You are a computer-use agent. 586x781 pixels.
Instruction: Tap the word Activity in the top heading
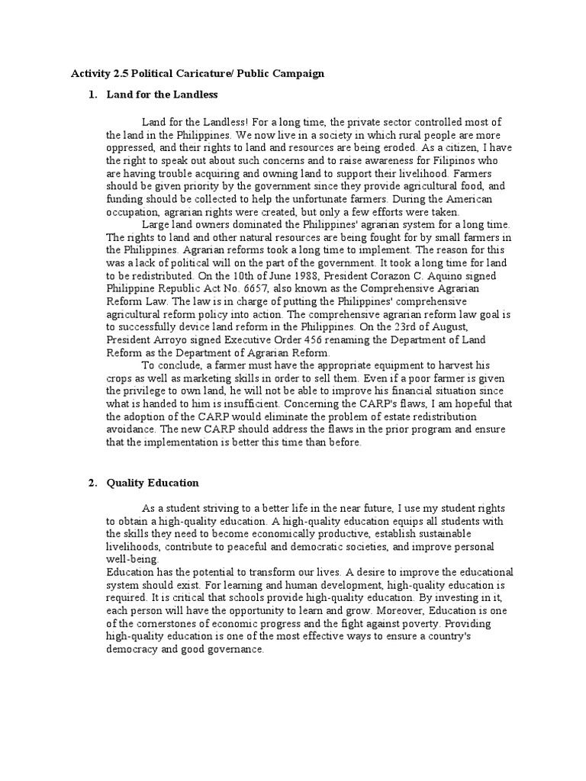(90, 74)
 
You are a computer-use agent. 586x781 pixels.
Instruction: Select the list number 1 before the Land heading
(92, 95)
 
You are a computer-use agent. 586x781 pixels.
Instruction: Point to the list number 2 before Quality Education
(92, 483)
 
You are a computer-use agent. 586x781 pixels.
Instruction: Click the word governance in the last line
(237, 649)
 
